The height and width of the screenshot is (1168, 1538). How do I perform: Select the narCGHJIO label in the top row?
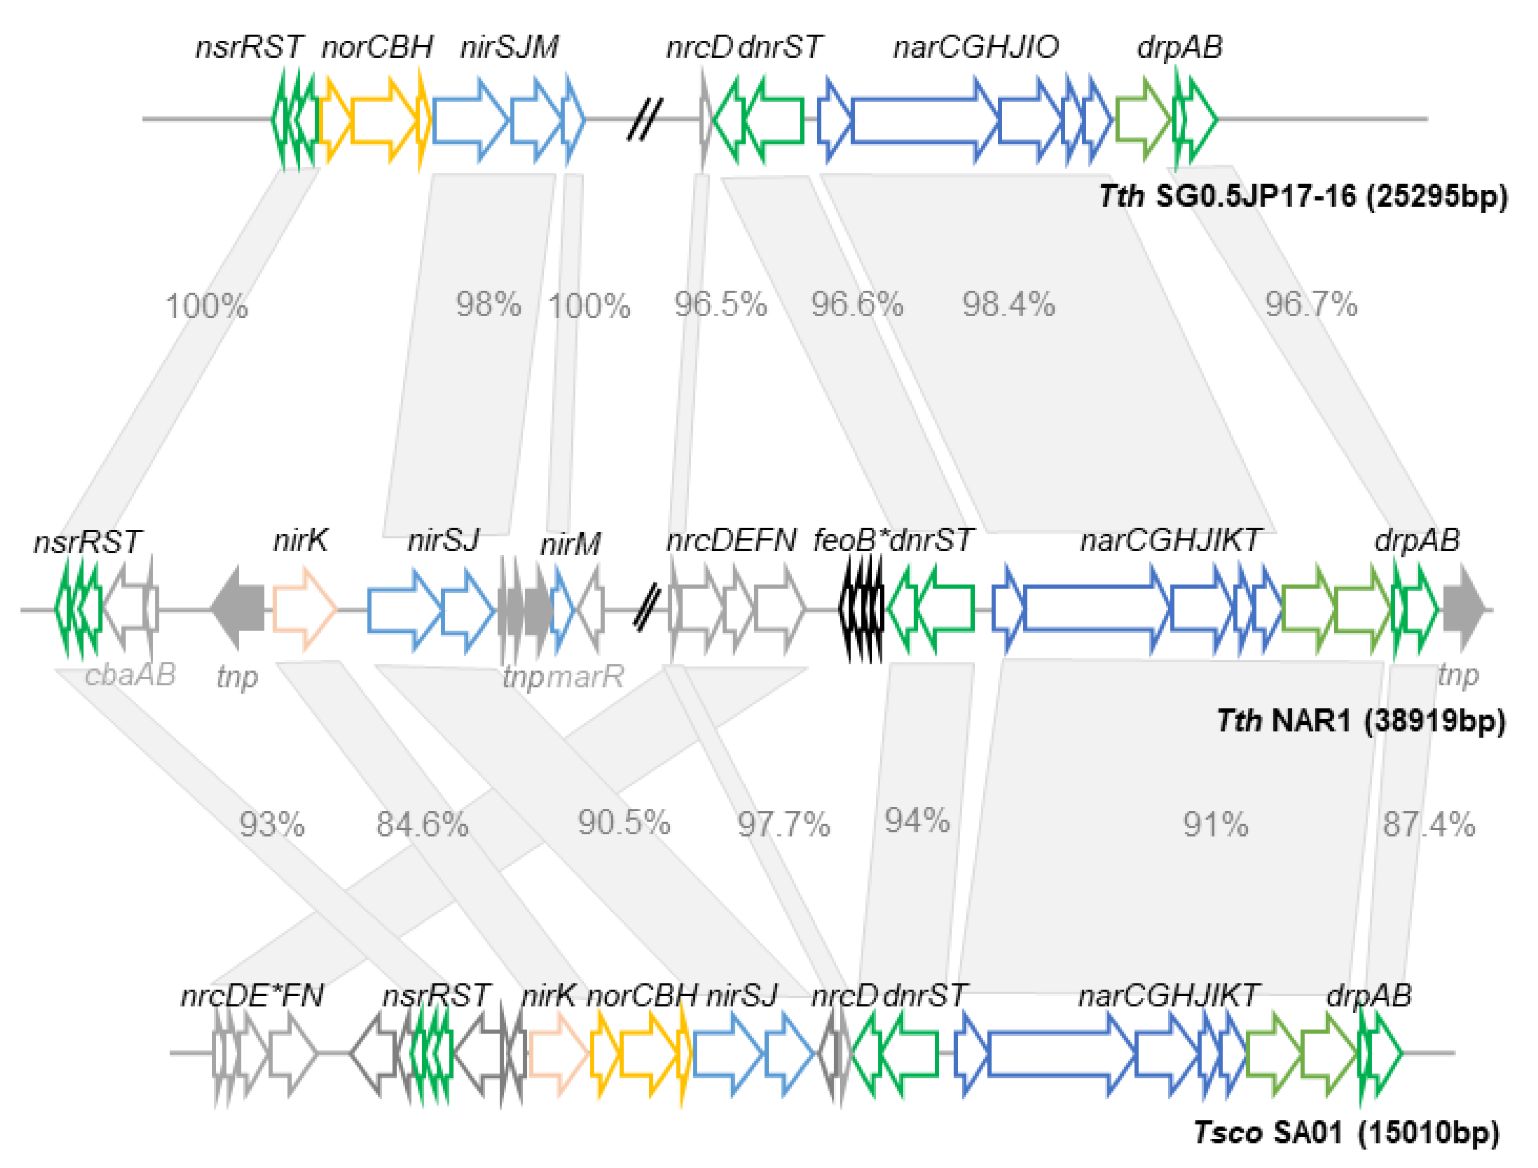point(976,47)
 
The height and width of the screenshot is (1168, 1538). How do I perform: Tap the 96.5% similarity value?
point(720,304)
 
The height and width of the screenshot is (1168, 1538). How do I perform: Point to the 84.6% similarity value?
point(422,825)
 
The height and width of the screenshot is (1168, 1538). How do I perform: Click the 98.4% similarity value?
point(1008,304)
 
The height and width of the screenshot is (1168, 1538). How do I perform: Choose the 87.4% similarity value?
point(1428,825)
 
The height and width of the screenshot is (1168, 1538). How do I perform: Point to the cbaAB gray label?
point(130,675)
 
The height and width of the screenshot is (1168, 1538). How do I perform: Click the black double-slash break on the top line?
point(644,119)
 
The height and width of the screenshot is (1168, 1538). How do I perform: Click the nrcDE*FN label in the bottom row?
point(252,995)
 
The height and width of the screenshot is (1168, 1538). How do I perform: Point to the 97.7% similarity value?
point(783,825)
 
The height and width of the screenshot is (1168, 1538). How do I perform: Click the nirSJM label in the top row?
point(509,47)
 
